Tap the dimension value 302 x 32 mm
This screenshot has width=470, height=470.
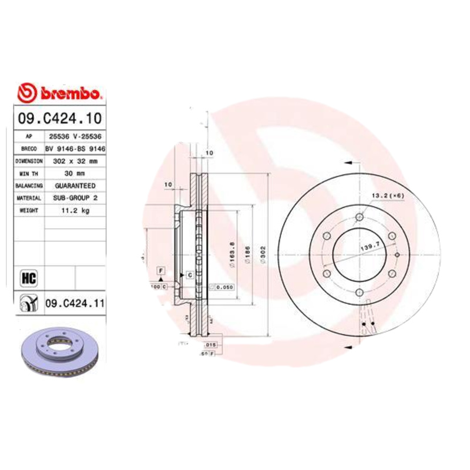[x=76, y=160]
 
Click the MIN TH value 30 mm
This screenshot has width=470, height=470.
[x=76, y=173]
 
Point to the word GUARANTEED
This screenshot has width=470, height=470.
[x=76, y=185]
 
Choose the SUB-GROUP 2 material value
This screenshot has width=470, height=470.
[x=76, y=198]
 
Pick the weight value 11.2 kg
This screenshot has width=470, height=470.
[x=76, y=210]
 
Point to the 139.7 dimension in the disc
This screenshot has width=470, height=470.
[x=367, y=249]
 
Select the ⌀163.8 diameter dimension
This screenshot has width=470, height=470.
[x=233, y=257]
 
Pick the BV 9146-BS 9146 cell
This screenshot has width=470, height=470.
[x=76, y=148]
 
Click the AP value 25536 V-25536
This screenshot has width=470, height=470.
[x=76, y=136]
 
